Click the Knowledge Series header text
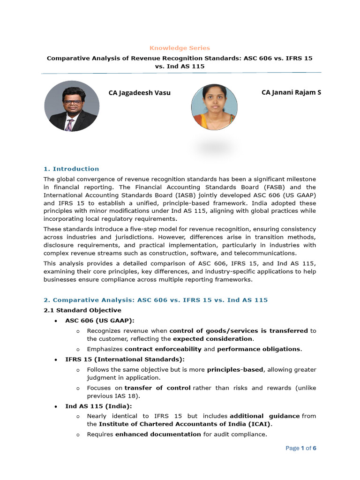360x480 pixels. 180,48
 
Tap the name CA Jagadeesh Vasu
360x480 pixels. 139,93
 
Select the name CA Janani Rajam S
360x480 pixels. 291,92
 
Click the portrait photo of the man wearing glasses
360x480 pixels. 71,106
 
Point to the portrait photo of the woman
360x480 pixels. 214,107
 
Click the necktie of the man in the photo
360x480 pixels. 70,125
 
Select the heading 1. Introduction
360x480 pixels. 71,169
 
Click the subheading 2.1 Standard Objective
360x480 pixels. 82,310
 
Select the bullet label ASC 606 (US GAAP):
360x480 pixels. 100,321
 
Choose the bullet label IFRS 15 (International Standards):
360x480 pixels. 125,359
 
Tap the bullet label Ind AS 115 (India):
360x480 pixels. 98,406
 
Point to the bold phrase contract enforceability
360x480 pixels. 163,349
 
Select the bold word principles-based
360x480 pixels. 235,369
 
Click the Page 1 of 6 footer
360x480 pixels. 301,448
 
